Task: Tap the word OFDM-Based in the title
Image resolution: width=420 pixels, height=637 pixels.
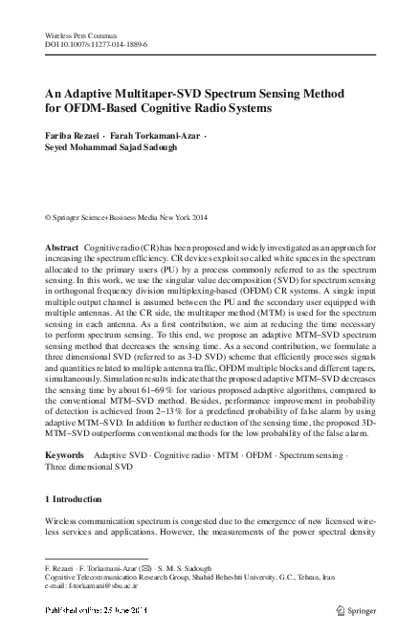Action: [97, 108]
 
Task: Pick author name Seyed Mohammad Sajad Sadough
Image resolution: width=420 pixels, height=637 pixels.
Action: [106, 149]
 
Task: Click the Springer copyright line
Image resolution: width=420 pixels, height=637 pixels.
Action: [122, 218]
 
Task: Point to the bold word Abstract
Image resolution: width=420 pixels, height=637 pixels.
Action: [63, 248]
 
